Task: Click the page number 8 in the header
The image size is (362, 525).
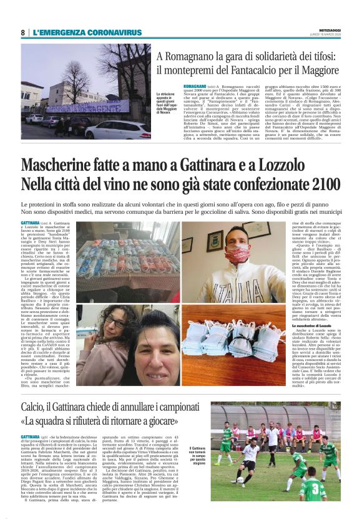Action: click(x=23, y=32)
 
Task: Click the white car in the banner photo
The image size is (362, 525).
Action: click(x=119, y=130)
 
